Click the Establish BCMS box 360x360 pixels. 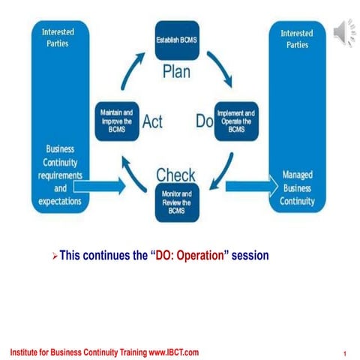click(176, 41)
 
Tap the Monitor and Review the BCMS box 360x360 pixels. click(176, 202)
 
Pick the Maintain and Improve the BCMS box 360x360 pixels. click(116, 120)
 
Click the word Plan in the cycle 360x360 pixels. click(178, 73)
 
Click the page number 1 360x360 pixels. click(343, 353)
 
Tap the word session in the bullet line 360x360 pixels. click(250, 256)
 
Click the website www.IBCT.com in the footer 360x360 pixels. click(173, 352)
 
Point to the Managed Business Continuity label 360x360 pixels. click(298, 188)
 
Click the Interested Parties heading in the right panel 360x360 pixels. click(298, 39)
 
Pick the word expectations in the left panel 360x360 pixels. click(60, 202)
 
